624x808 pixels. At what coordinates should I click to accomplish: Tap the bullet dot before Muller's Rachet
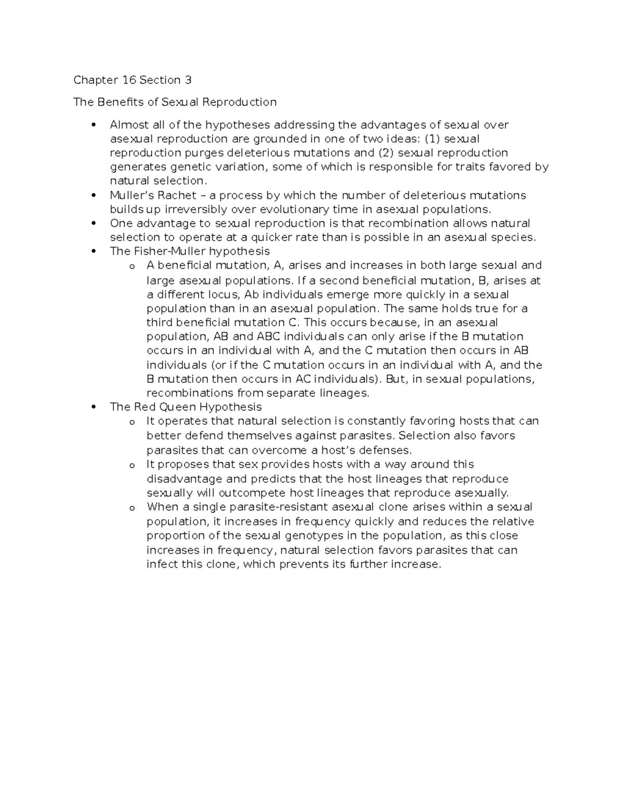[94, 196]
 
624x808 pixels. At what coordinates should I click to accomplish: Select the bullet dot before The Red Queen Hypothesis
[94, 407]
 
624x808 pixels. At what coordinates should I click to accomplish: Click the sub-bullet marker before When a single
[132, 508]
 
